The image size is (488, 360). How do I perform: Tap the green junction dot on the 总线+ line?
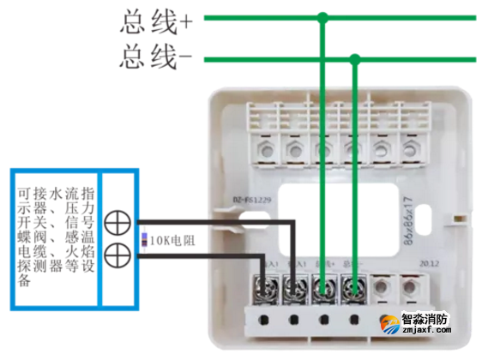tap(322, 17)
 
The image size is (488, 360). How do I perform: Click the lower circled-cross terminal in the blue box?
tap(117, 255)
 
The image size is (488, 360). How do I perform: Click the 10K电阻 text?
tap(172, 241)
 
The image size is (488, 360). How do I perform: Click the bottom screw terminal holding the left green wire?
tap(323, 287)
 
